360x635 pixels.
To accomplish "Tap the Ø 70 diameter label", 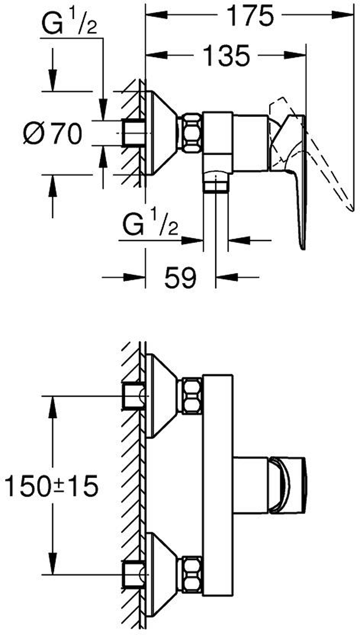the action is (52, 134).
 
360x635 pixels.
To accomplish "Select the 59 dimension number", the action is (180, 277).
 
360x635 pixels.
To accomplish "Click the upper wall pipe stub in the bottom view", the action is (133, 396).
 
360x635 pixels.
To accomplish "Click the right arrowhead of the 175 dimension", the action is (343, 15).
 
